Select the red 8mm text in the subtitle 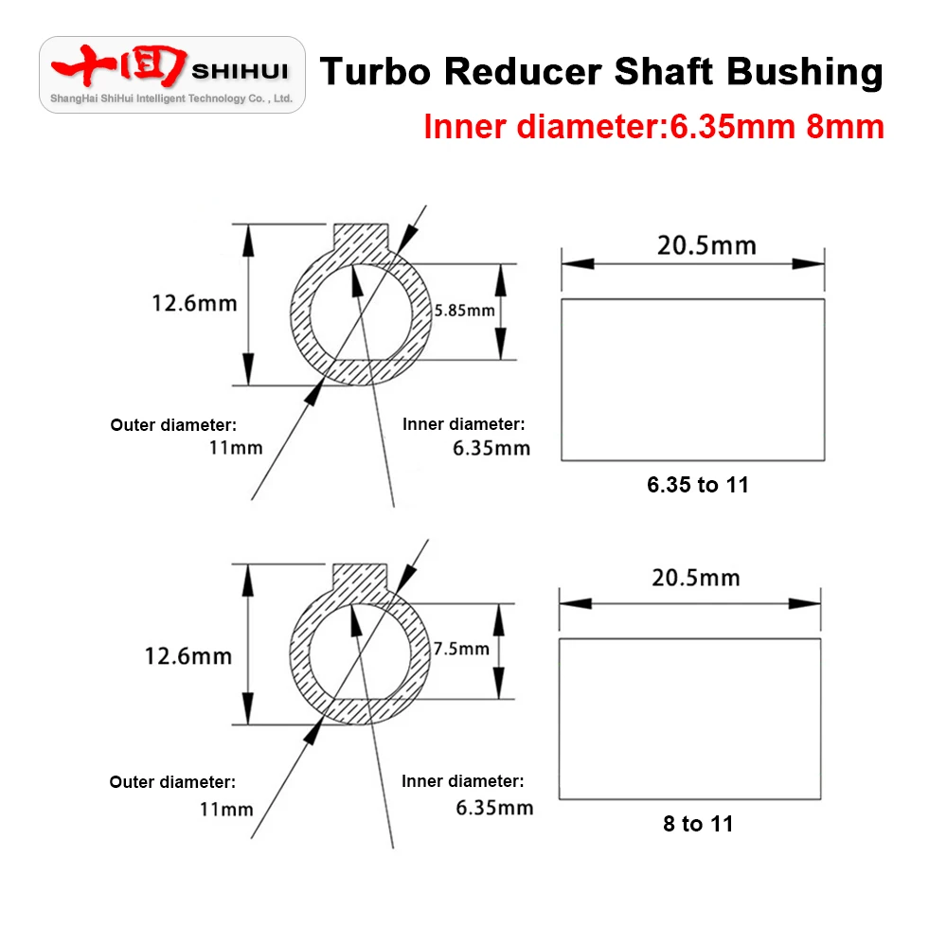[845, 126]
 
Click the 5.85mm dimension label [465, 311]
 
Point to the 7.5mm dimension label [461, 649]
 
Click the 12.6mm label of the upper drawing [194, 303]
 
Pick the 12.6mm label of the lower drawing [188, 655]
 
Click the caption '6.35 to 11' [698, 485]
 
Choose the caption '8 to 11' [698, 824]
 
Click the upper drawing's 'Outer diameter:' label [173, 424]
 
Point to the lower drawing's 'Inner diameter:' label [462, 781]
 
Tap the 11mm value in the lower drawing [226, 809]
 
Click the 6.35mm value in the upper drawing [491, 448]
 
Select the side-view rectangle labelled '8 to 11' [689, 718]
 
